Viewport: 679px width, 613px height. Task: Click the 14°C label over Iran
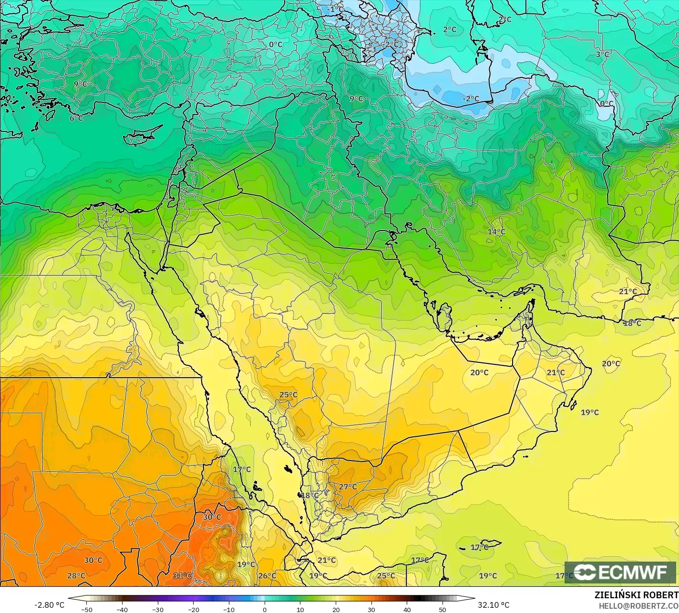point(496,231)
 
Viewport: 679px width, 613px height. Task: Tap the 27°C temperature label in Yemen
point(348,486)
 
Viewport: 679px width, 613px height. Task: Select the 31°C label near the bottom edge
point(182,575)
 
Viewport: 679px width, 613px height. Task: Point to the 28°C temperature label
point(76,575)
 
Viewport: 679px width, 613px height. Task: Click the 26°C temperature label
point(267,575)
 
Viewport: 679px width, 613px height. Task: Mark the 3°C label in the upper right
point(602,54)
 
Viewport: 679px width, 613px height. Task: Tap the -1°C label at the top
point(336,9)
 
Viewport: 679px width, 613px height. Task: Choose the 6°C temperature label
point(76,118)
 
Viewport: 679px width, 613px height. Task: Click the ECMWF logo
point(620,572)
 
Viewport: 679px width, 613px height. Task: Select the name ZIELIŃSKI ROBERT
point(636,595)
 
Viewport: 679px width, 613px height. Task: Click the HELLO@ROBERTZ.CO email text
point(638,605)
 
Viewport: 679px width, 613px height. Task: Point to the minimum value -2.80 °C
point(49,605)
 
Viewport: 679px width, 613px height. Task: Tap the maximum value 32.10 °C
point(494,605)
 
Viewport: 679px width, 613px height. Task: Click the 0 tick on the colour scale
point(265,609)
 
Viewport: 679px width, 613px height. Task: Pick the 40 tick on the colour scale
point(407,609)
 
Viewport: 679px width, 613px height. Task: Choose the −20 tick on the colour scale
point(193,609)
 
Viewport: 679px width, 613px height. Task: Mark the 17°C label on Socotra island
point(479,547)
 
